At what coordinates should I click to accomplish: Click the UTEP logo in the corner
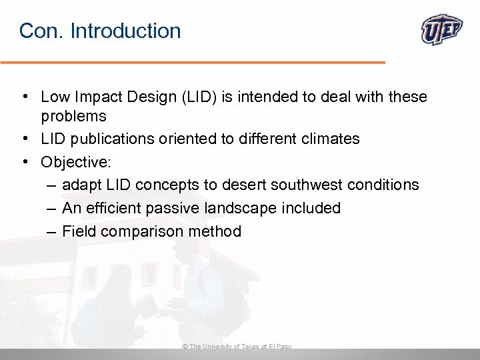click(x=442, y=30)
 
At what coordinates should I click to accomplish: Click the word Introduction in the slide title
click(x=125, y=31)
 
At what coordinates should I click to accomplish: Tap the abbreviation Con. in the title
click(x=41, y=31)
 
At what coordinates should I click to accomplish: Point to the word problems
click(x=73, y=116)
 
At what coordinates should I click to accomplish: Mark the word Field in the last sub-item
click(x=77, y=231)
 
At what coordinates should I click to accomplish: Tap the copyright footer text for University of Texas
click(x=237, y=347)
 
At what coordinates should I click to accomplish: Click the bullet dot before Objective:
click(x=25, y=161)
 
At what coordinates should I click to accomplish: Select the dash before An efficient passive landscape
click(x=51, y=208)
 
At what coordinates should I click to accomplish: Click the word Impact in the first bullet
click(x=93, y=97)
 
